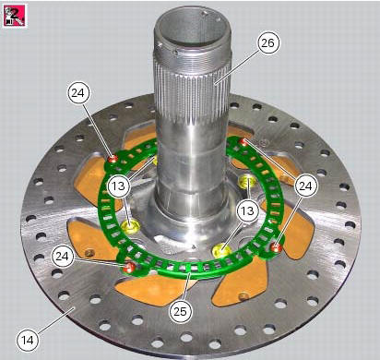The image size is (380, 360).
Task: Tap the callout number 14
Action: (29, 341)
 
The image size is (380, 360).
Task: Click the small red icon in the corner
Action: (14, 16)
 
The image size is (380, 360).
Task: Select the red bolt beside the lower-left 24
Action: (131, 268)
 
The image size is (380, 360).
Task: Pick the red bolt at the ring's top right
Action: (243, 141)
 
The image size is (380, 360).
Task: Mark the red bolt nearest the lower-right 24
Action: (277, 246)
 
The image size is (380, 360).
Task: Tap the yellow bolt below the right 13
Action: (221, 248)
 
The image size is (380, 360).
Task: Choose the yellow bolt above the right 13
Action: (246, 179)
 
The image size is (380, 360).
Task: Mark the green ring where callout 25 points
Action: (189, 272)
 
